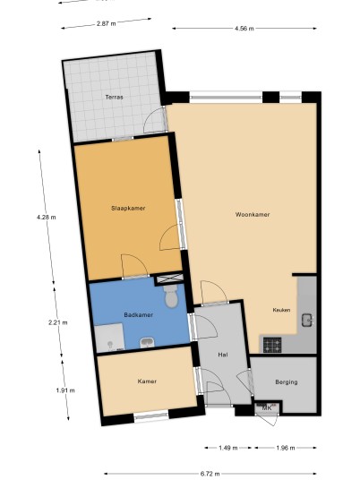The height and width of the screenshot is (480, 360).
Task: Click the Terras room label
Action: click(115, 97)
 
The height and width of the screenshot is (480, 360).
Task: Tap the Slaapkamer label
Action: click(128, 208)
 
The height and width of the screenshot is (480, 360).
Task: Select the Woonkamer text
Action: click(253, 215)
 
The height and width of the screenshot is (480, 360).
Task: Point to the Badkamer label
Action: click(139, 314)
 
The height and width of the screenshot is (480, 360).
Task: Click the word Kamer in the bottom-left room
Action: click(147, 381)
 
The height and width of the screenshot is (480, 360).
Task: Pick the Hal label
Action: click(223, 355)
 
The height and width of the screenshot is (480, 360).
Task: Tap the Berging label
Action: click(287, 382)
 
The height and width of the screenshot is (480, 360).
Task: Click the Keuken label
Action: click(281, 310)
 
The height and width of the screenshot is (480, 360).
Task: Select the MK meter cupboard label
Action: click(267, 408)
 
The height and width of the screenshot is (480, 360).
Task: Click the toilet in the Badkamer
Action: click(171, 296)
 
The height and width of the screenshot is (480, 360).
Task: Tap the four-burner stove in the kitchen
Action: click(272, 345)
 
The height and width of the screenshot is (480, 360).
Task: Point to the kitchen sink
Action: click(307, 321)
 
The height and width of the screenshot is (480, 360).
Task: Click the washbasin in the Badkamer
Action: click(147, 343)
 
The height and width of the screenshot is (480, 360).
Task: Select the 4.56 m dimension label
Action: click(244, 29)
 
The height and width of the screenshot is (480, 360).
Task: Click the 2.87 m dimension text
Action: click(107, 23)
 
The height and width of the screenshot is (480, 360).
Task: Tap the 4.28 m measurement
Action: click(47, 218)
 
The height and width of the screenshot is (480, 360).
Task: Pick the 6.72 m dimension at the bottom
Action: click(210, 474)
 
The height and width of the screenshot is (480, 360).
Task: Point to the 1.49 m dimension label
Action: click(228, 448)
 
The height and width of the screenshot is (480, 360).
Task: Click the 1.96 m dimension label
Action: click(286, 448)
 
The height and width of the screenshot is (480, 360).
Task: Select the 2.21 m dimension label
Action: click(58, 322)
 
